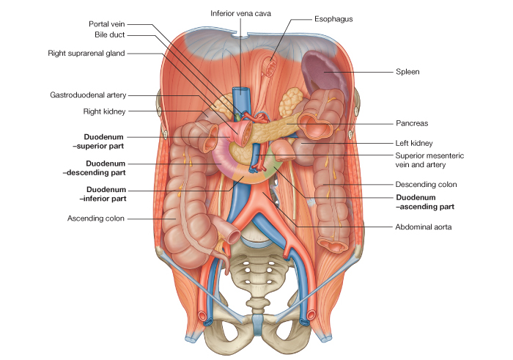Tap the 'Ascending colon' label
click(96, 218)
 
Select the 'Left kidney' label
click(414, 143)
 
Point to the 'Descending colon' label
click(425, 184)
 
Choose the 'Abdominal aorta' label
click(424, 227)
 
